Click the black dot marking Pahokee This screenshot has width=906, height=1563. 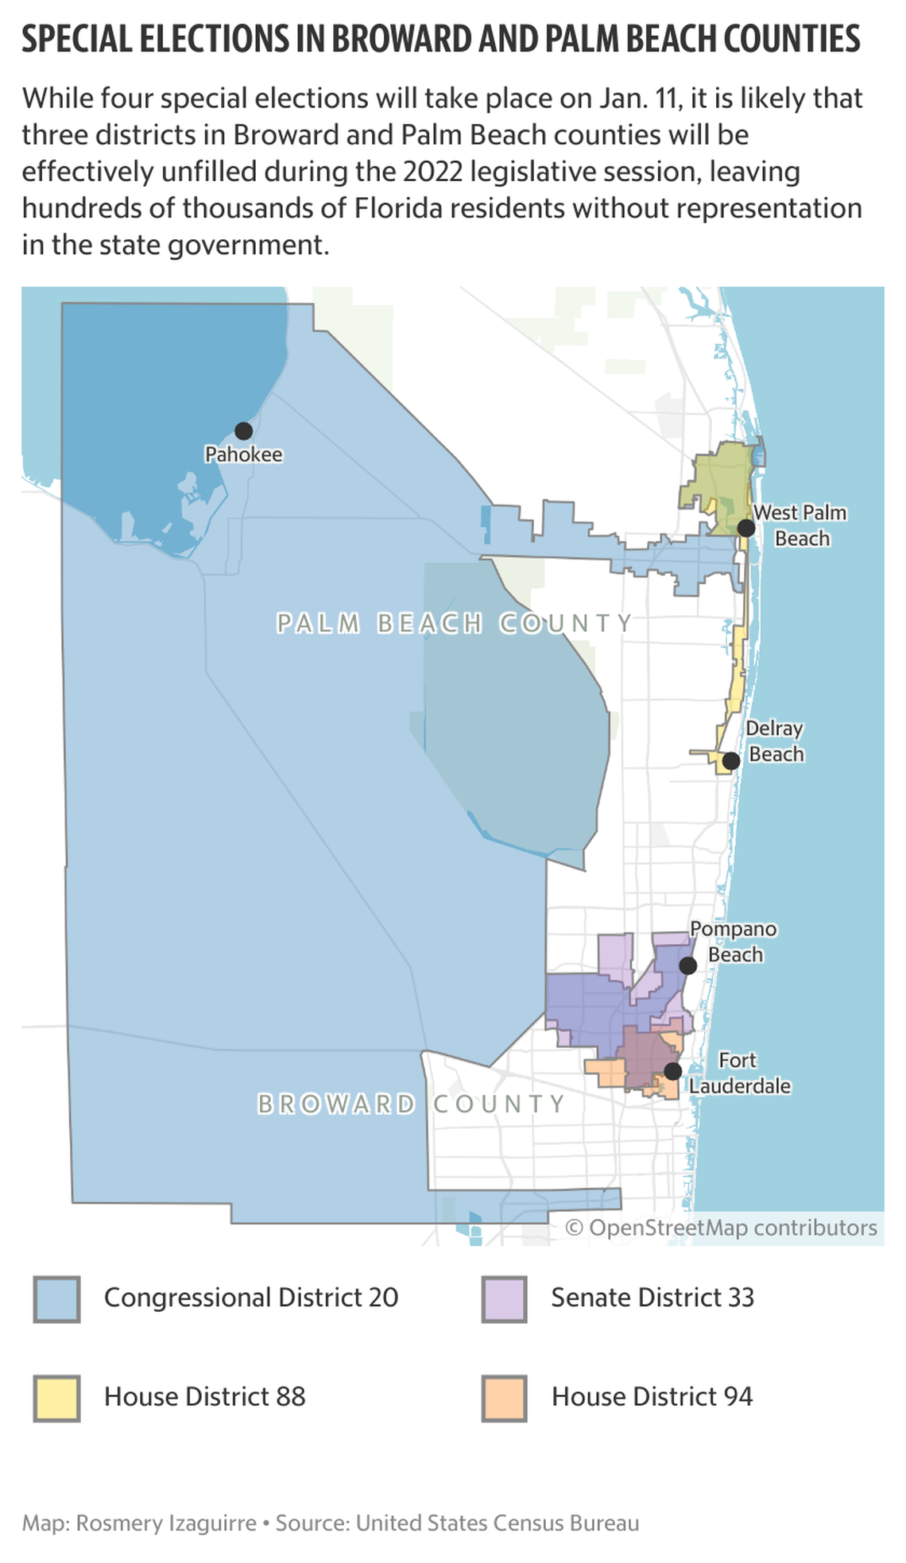click(243, 431)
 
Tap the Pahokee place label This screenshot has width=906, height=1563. click(243, 455)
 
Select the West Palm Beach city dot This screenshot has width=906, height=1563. click(745, 528)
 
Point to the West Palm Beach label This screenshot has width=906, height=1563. click(800, 525)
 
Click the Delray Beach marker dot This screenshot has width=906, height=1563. click(731, 760)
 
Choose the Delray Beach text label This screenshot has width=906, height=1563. click(775, 741)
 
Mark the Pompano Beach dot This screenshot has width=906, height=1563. click(688, 965)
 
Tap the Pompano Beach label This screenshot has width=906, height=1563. click(734, 942)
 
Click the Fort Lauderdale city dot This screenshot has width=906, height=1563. click(673, 1071)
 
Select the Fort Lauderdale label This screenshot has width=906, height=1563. click(739, 1074)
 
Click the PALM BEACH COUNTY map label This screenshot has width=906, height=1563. click(455, 623)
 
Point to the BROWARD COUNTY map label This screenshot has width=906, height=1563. click(412, 1104)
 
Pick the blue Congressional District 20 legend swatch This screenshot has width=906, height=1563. click(56, 1299)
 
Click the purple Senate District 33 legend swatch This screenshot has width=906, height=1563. click(504, 1299)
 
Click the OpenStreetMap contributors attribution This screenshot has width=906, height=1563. click(722, 1228)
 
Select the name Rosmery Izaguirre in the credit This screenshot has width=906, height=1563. click(166, 1523)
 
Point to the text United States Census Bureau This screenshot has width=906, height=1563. click(498, 1523)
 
